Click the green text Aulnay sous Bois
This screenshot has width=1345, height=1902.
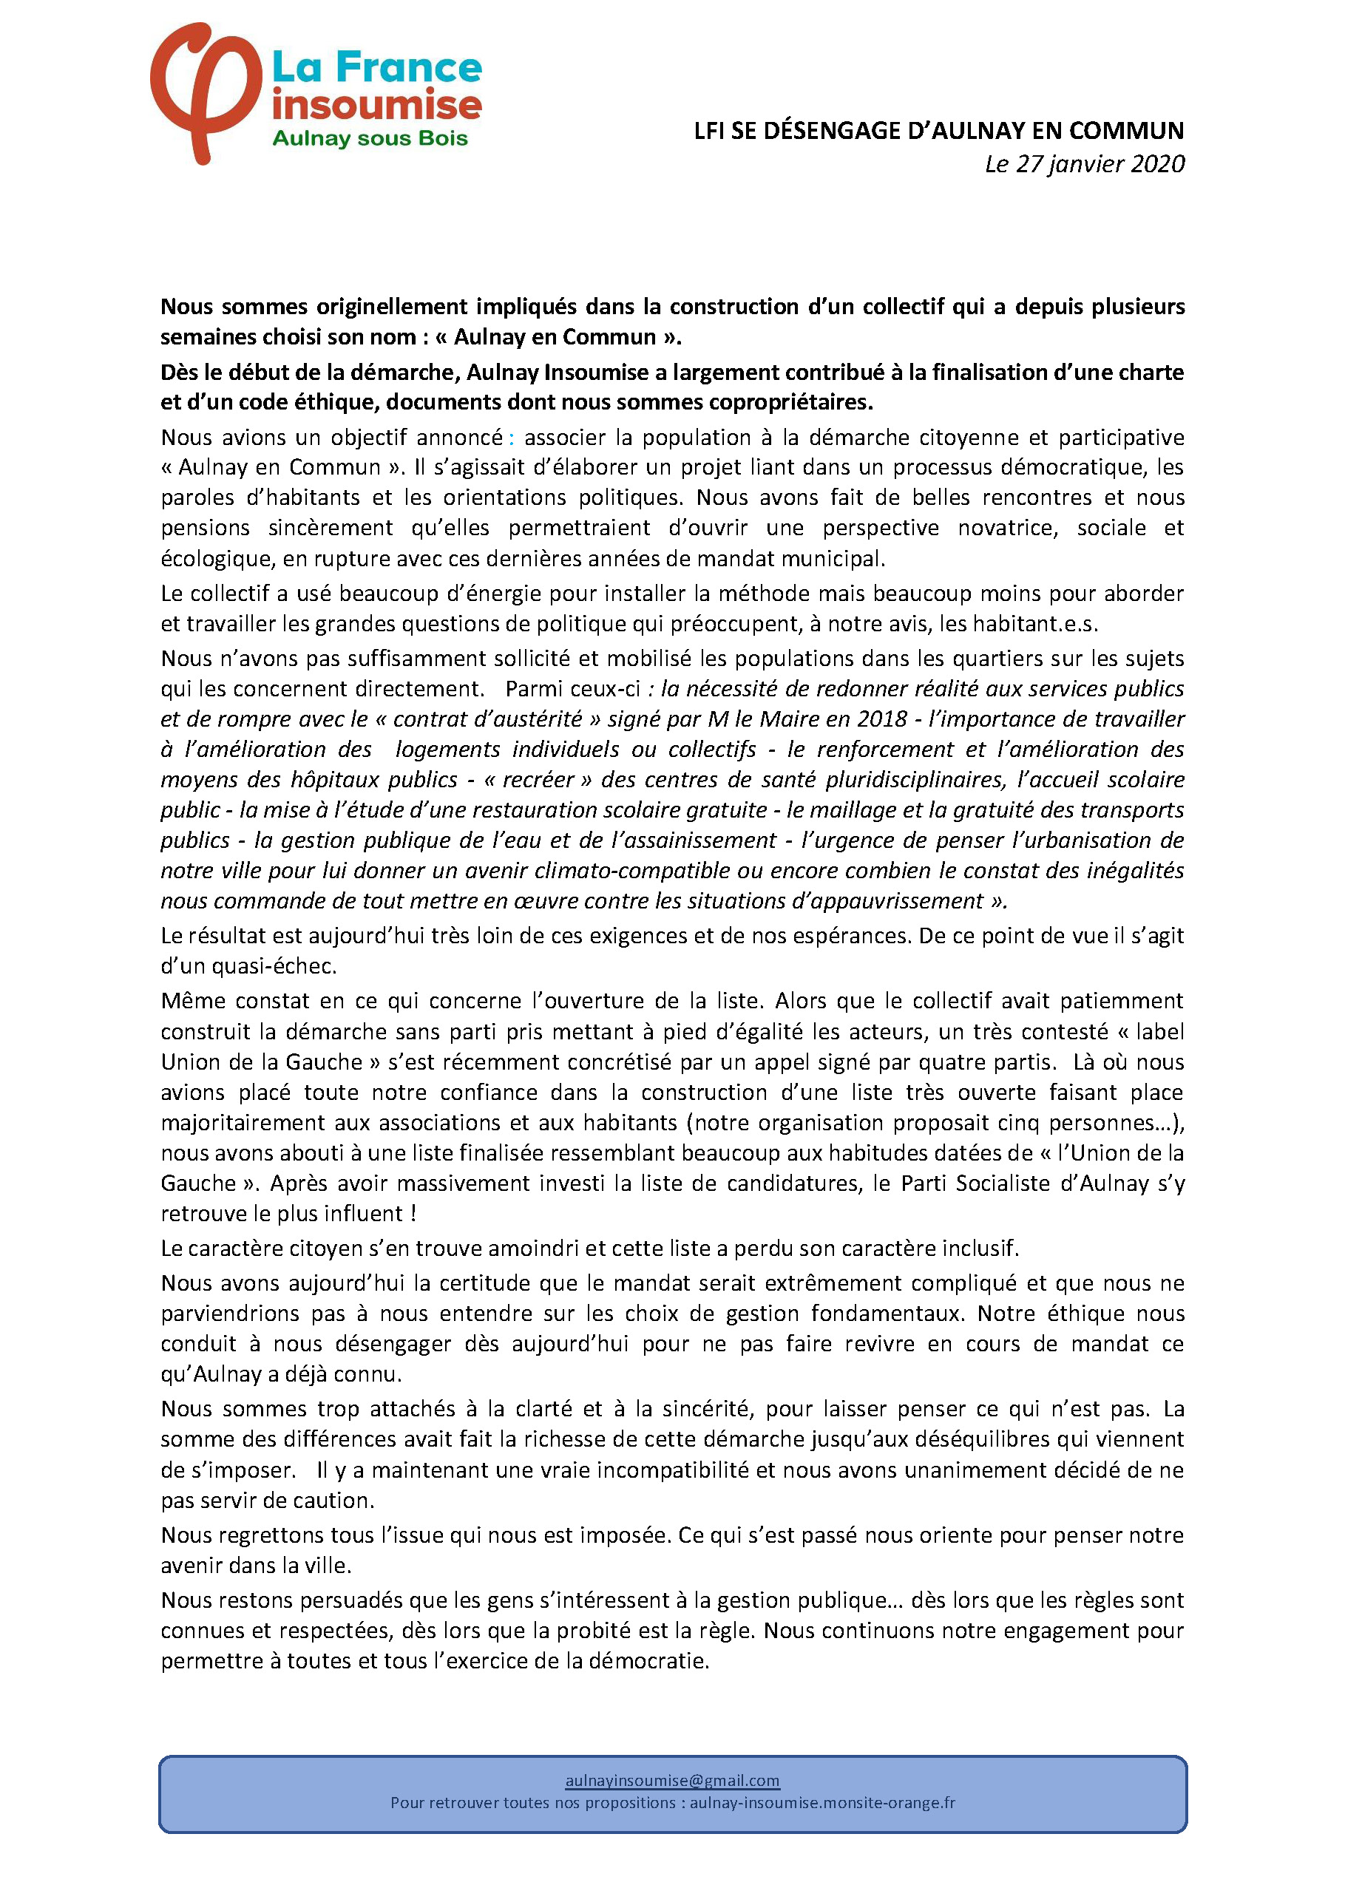(370, 138)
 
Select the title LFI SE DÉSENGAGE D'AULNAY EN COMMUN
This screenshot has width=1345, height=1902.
(939, 131)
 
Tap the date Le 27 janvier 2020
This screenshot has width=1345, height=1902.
(1084, 164)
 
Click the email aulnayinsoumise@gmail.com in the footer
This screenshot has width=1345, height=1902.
(672, 1780)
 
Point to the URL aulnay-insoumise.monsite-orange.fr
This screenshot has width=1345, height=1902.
(822, 1803)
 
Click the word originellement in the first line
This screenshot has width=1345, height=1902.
(392, 307)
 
